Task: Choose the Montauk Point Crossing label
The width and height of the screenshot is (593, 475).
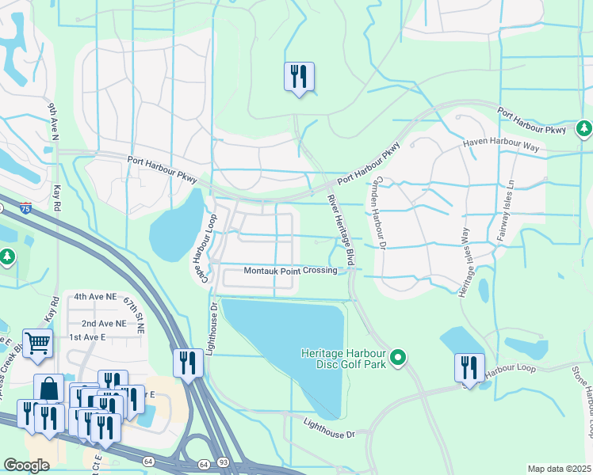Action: point(290,271)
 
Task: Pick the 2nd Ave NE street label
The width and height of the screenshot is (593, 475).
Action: point(103,324)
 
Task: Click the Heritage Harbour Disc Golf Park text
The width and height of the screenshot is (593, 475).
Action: point(343,358)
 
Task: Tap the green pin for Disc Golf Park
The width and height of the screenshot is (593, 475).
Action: point(399,359)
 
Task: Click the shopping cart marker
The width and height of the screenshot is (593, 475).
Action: point(37,344)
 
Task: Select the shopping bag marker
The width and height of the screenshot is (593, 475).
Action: point(48,389)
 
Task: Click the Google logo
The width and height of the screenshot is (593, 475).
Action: point(26,465)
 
